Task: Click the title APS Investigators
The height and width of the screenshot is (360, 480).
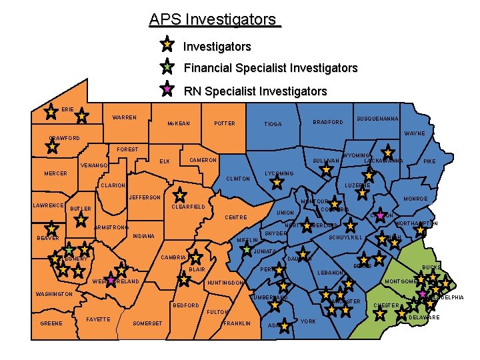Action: (x=215, y=19)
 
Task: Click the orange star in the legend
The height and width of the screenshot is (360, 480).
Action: (x=167, y=45)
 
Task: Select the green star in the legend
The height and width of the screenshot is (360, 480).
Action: (x=167, y=67)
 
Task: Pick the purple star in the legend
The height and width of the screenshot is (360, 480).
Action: (x=167, y=89)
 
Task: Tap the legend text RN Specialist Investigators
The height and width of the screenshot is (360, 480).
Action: (x=255, y=91)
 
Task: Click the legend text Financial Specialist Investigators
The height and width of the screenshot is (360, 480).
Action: (x=270, y=68)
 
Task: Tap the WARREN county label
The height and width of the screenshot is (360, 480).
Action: (x=125, y=118)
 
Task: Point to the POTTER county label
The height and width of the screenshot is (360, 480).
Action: (x=224, y=123)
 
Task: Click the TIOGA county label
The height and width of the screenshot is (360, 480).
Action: (x=273, y=124)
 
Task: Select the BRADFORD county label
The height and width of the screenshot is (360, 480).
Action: (x=328, y=123)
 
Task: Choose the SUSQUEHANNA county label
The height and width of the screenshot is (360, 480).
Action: (x=378, y=119)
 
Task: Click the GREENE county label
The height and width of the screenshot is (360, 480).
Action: (x=51, y=323)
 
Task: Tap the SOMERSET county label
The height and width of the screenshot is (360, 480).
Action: (x=147, y=323)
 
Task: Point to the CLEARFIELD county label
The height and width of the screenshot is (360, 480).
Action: (x=189, y=207)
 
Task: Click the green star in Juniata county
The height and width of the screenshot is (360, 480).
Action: (x=247, y=249)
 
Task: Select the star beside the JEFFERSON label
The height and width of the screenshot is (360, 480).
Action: (x=179, y=195)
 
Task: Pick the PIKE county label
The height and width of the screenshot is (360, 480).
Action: (x=431, y=161)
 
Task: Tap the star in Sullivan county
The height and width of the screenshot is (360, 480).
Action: (x=326, y=169)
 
